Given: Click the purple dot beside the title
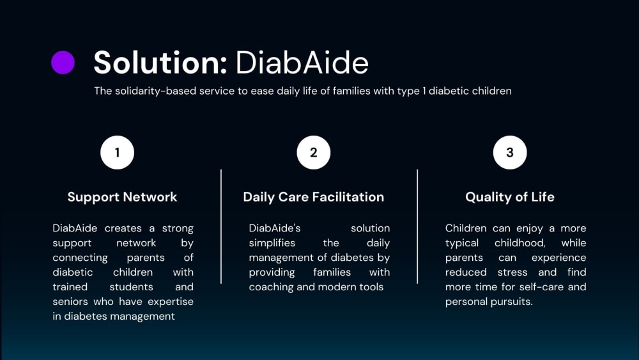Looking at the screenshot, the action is click(x=63, y=63).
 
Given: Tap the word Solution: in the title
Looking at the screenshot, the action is click(x=160, y=63).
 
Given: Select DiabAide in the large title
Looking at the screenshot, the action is click(x=302, y=63).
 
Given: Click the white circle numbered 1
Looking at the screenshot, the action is click(x=118, y=152).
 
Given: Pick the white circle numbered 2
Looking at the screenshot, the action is click(x=313, y=152).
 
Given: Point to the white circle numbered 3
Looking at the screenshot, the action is click(x=510, y=152).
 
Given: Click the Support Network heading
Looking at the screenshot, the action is click(x=122, y=197).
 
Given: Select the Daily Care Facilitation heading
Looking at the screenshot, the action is click(x=313, y=197).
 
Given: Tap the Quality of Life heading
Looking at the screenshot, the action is click(x=510, y=197).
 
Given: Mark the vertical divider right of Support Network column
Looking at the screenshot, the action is click(x=221, y=226).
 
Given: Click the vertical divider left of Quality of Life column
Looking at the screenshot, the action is click(x=417, y=226).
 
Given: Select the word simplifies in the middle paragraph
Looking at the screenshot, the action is click(x=272, y=243).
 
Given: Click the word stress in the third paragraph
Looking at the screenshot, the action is click(x=512, y=272).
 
